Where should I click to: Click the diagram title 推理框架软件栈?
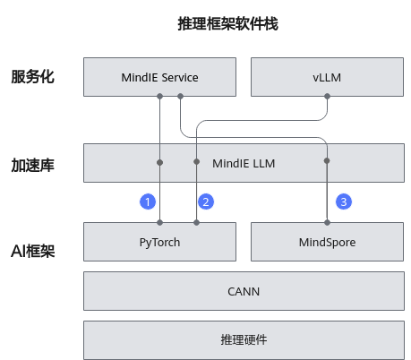pyautogui.click(x=227, y=24)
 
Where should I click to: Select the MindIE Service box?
pyautogui.click(x=159, y=77)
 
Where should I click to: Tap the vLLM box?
pyautogui.click(x=327, y=77)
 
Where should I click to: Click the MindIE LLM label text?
pyautogui.click(x=244, y=164)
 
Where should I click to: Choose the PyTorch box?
pyautogui.click(x=159, y=242)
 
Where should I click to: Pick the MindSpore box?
pyautogui.click(x=327, y=242)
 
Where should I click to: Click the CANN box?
pyautogui.click(x=244, y=291)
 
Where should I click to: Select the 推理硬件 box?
pyautogui.click(x=244, y=340)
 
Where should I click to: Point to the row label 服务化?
pyautogui.click(x=32, y=77)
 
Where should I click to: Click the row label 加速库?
pyautogui.click(x=32, y=166)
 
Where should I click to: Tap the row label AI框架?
pyautogui.click(x=33, y=251)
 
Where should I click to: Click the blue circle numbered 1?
pyautogui.click(x=148, y=201)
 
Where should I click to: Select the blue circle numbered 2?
pyautogui.click(x=206, y=201)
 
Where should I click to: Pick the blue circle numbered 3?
pyautogui.click(x=344, y=201)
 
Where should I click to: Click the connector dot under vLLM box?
pyautogui.click(x=327, y=96)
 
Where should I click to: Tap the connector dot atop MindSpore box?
pyautogui.click(x=327, y=222)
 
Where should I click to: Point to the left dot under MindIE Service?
pyautogui.click(x=160, y=96)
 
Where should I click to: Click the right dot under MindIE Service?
pyautogui.click(x=180, y=96)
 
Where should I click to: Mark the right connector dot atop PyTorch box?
pyautogui.click(x=196, y=222)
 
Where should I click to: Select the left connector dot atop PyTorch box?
pyautogui.click(x=160, y=222)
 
